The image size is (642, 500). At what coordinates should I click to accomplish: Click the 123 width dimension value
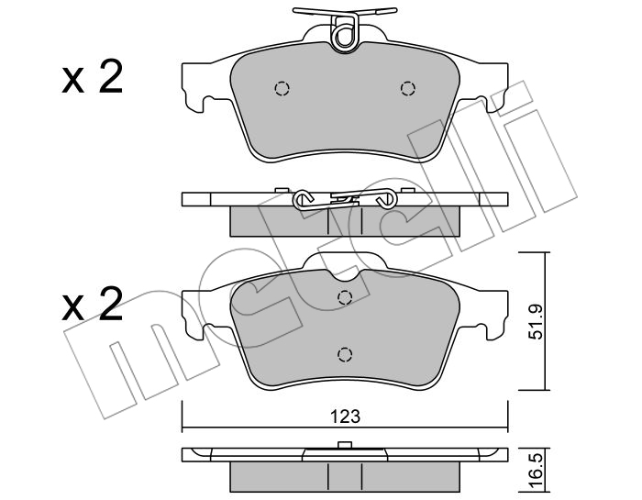pyautogui.click(x=346, y=417)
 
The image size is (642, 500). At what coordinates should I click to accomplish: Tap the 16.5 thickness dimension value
pyautogui.click(x=537, y=473)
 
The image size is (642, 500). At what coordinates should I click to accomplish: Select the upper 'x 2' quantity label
pyautogui.click(x=93, y=76)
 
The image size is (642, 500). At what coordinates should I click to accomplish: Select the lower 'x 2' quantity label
pyautogui.click(x=93, y=305)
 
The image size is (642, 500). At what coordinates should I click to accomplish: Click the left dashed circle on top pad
pyautogui.click(x=282, y=88)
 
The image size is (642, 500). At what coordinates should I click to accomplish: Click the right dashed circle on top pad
pyautogui.click(x=408, y=88)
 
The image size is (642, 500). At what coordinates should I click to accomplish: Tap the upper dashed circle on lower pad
pyautogui.click(x=345, y=297)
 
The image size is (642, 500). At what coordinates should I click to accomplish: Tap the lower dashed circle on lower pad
pyautogui.click(x=345, y=354)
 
